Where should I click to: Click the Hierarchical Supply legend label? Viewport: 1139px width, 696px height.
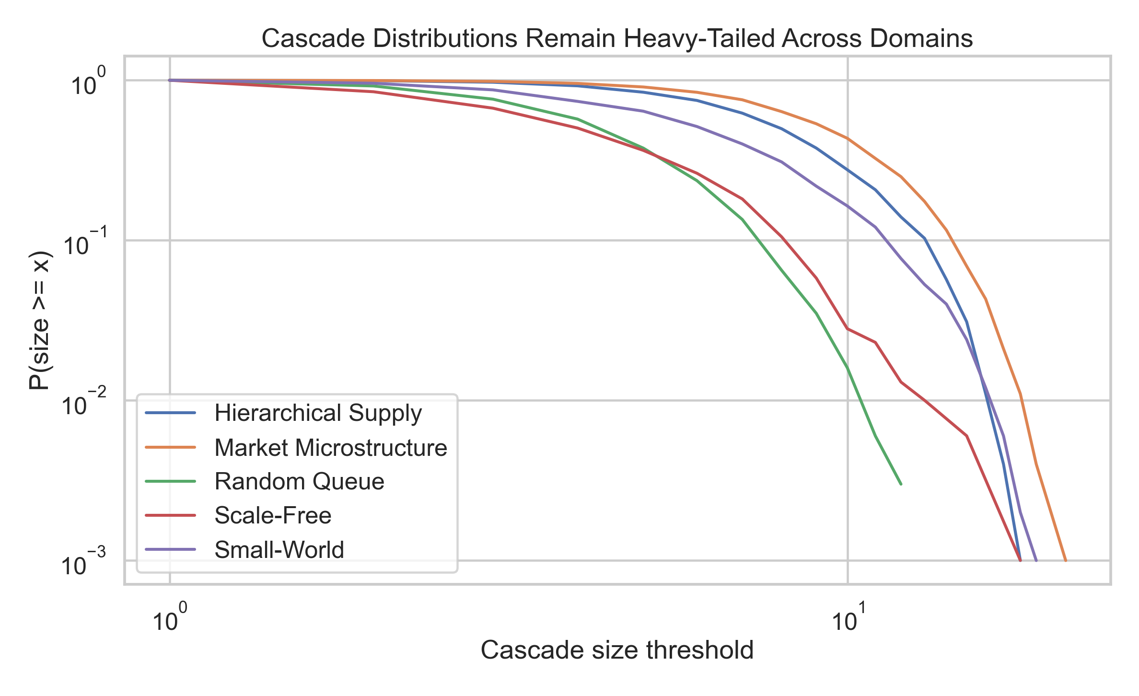pos(318,413)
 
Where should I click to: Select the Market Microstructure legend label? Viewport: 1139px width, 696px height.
pos(331,448)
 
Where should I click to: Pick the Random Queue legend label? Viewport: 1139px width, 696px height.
pos(299,481)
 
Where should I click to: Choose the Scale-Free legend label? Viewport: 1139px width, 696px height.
pos(273,516)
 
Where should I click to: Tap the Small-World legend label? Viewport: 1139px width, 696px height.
pos(279,550)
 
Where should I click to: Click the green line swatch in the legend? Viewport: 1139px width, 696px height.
pos(171,481)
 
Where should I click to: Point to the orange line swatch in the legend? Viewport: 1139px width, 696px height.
pos(171,447)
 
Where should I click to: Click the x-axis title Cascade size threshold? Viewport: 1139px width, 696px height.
pos(617,650)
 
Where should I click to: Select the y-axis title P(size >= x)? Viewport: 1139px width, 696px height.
pos(39,320)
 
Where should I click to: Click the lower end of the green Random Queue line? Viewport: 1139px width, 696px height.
pos(901,484)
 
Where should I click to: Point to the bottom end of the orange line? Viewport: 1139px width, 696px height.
pos(1066,560)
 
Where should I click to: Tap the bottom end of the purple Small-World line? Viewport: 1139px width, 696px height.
pos(1036,560)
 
